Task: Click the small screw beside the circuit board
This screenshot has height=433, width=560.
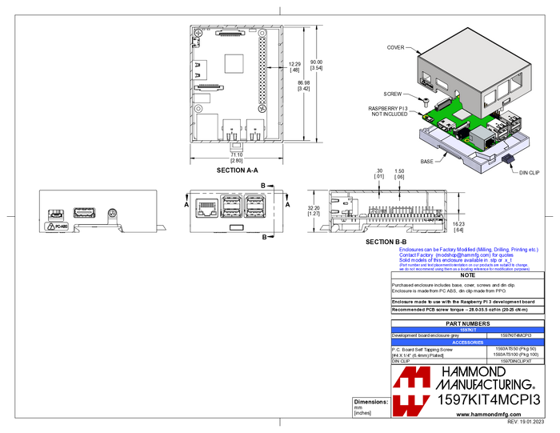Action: [426, 102]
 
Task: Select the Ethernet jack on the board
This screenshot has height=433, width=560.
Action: [483, 138]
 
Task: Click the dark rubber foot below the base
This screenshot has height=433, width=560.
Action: [507, 159]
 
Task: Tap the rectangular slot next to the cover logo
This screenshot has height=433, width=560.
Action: [442, 84]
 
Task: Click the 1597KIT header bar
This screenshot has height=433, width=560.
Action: [467, 330]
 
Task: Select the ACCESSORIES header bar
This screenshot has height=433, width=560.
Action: [467, 343]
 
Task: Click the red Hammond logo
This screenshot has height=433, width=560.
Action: [412, 391]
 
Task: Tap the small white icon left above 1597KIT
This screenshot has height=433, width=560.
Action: [391, 317]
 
